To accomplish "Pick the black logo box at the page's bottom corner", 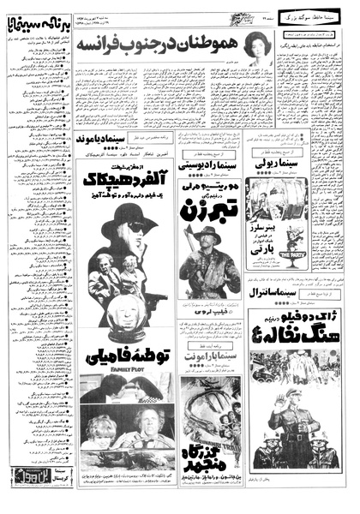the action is (25, 495).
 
